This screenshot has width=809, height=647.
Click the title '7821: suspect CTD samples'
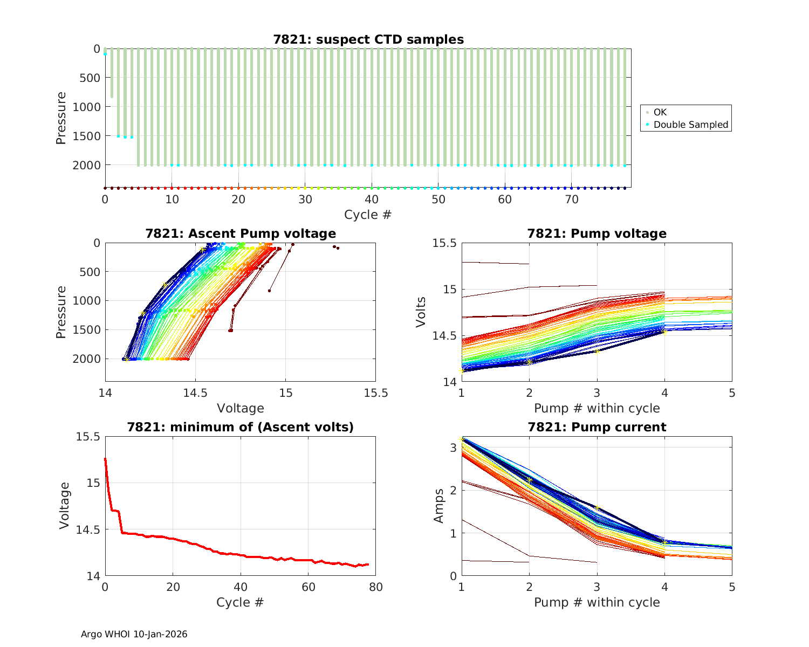click(x=368, y=39)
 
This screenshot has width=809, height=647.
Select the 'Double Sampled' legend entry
click(x=690, y=125)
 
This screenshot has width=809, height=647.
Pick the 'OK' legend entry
click(x=660, y=112)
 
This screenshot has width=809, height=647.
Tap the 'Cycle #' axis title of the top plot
click(x=368, y=215)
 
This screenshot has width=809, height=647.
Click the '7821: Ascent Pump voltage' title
click(x=240, y=233)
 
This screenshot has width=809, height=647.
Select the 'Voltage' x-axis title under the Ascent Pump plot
click(x=240, y=408)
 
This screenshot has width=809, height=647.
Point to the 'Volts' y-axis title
click(x=421, y=312)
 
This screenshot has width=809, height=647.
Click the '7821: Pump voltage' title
click(x=597, y=233)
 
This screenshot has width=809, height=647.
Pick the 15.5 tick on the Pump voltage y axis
click(x=444, y=243)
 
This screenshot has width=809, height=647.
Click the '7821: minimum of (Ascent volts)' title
click(x=240, y=427)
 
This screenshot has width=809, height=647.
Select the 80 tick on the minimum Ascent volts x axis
click(x=375, y=587)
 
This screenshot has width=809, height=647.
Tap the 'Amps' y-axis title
click(x=440, y=506)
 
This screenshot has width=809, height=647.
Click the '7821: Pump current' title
click(x=597, y=427)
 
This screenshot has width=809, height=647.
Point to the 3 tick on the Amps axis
click(x=453, y=448)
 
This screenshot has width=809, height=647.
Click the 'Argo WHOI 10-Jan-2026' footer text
click(x=134, y=634)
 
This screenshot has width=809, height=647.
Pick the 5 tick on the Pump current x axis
click(x=732, y=587)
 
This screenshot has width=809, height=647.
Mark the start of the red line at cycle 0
click(x=105, y=459)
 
